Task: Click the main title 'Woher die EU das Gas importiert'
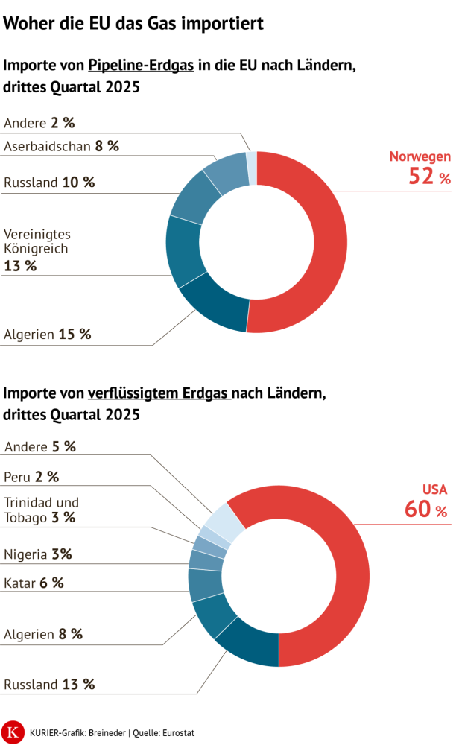pos(133,24)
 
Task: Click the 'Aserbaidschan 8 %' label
pos(61,146)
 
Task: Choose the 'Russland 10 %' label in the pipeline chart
pos(49,183)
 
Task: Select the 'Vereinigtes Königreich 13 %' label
pos(37,250)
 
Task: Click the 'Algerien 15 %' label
pos(48,335)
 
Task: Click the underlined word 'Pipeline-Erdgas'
pos(141,65)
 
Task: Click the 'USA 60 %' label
pos(426,501)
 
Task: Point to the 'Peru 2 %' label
pos(31,477)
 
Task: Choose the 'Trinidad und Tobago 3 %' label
pos(42,510)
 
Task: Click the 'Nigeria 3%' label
pos(38,554)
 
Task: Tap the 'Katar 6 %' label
pos(34,583)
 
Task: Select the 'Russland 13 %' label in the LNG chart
pos(49,684)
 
